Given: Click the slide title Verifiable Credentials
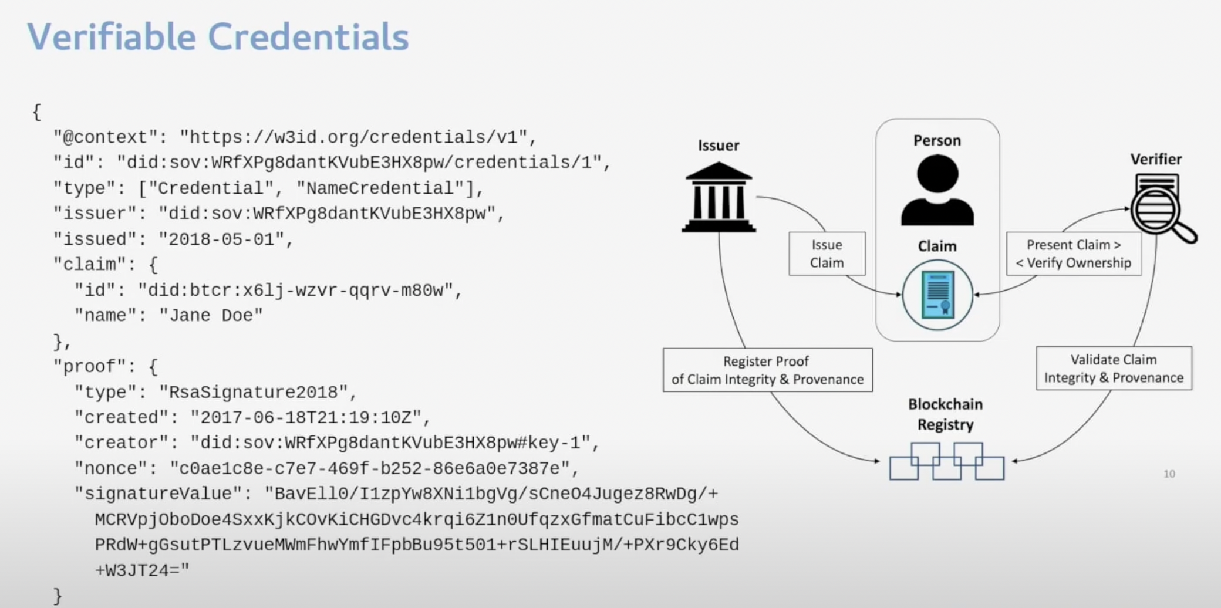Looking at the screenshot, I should (x=218, y=37).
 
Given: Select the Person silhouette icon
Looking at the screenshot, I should (x=937, y=190).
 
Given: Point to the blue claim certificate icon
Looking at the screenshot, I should (x=937, y=295).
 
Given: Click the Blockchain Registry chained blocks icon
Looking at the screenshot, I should (x=946, y=462).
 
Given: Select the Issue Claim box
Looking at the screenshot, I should (x=827, y=254).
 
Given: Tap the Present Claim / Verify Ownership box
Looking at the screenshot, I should (x=1074, y=254).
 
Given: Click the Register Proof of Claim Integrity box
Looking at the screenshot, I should (x=767, y=370).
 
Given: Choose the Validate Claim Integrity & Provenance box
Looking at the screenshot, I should (x=1114, y=369).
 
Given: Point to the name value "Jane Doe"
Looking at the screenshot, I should (x=211, y=316).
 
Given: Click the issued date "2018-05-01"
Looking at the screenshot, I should (x=221, y=239).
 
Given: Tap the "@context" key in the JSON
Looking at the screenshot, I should (x=105, y=137).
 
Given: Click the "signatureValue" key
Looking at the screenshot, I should (x=158, y=494).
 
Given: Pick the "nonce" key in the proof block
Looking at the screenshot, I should (x=116, y=468).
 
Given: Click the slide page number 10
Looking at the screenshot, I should (x=1169, y=474).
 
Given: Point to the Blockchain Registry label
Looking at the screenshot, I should (x=945, y=414).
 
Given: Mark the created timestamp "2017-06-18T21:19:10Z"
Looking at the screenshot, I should (x=305, y=417).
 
